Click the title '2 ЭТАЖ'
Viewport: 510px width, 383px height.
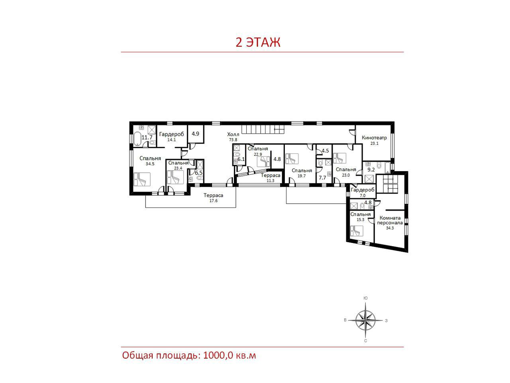(258, 42)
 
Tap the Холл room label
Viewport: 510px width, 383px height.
(233, 134)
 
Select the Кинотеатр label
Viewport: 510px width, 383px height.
(374, 138)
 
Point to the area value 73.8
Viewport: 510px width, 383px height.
(233, 140)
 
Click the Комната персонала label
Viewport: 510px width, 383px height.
(390, 220)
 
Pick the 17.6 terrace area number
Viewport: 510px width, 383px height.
(213, 201)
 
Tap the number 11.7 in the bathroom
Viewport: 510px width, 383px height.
(147, 137)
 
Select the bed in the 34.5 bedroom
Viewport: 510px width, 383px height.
(142, 179)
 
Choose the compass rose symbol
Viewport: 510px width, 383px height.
(365, 320)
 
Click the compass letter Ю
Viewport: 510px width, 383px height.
(365, 298)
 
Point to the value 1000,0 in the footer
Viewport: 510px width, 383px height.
(218, 355)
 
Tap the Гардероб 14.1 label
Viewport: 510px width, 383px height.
(171, 136)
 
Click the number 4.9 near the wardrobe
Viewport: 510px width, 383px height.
(195, 134)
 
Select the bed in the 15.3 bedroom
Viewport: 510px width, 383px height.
(357, 231)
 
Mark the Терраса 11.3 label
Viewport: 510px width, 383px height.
(271, 178)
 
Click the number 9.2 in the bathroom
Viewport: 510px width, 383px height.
(371, 170)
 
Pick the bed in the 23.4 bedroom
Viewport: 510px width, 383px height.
(175, 178)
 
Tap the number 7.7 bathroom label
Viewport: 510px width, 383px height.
(322, 178)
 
